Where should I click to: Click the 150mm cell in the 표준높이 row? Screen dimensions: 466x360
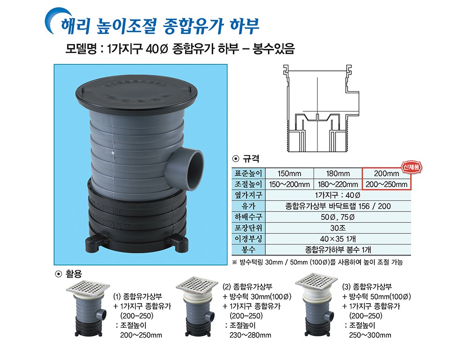pyautogui.click(x=289, y=173)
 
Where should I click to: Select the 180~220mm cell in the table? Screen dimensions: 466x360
pyautogui.click(x=337, y=184)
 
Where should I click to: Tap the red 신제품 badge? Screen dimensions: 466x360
pyautogui.click(x=411, y=168)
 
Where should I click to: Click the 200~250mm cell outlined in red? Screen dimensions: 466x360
pyautogui.click(x=386, y=184)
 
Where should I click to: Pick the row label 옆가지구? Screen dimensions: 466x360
pyautogui.click(x=248, y=195)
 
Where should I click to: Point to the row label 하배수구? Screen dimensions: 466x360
pyautogui.click(x=248, y=217)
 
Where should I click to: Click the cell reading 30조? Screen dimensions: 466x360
pyautogui.click(x=337, y=228)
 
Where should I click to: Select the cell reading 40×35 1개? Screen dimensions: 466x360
pyautogui.click(x=337, y=239)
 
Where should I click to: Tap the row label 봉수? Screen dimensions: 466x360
pyautogui.click(x=248, y=250)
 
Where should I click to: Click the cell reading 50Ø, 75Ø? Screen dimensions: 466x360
pyautogui.click(x=337, y=217)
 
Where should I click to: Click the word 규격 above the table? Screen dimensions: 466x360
pyautogui.click(x=251, y=159)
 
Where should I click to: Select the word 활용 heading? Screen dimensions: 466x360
pyautogui.click(x=74, y=273)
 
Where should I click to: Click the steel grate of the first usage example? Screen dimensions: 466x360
pyautogui.click(x=88, y=288)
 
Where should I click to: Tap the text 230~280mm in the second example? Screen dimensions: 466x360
pyautogui.click(x=250, y=335)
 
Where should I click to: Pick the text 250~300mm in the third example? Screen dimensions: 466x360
pyautogui.click(x=370, y=335)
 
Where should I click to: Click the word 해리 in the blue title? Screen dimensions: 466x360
pyautogui.click(x=75, y=26)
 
